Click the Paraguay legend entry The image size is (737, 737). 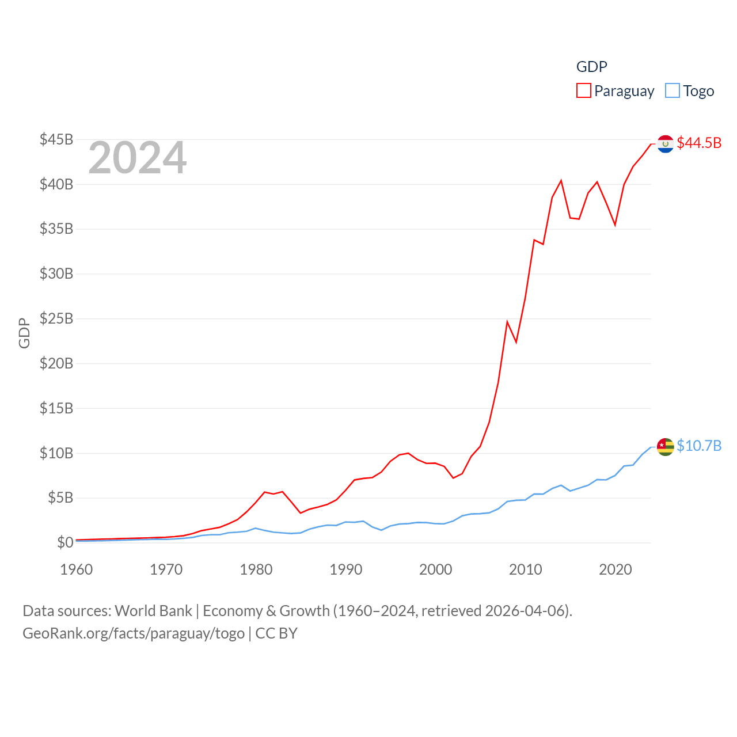pos(616,91)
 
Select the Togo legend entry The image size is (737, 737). pos(690,91)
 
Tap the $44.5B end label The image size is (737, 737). pos(699,143)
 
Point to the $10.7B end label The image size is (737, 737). pos(699,446)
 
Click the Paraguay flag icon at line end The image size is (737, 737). pos(666,144)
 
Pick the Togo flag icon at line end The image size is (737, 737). pos(666,447)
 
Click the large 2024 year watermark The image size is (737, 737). pos(137,158)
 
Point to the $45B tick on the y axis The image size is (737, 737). pos(56,139)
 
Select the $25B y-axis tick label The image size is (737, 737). pos(56,318)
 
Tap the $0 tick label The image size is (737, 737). pos(65,542)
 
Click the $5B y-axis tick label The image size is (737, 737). pos(60,497)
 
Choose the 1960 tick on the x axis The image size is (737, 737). pos(77,569)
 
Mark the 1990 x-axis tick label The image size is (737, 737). pos(346,569)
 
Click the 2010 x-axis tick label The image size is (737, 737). pos(526,569)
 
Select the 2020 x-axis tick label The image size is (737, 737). pos(616,569)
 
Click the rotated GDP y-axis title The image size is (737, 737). pos(24,333)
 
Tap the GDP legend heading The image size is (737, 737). pos(592,67)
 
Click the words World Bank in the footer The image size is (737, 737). pos(154,610)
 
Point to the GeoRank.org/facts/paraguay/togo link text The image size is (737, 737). pos(134,633)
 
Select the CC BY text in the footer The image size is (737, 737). pos(276,633)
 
